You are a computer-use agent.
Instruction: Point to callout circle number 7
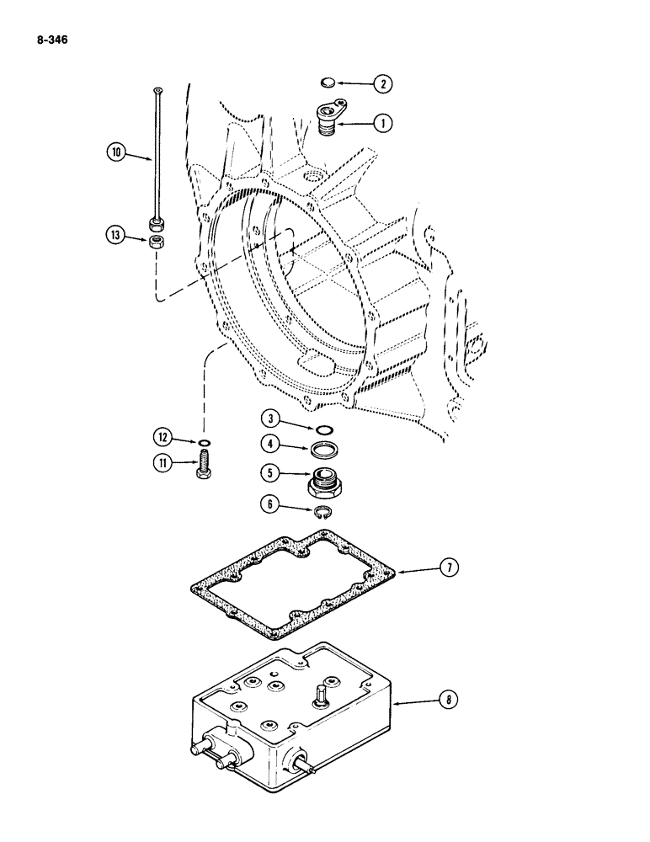pyautogui.click(x=450, y=569)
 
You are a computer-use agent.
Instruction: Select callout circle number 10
pyautogui.click(x=115, y=152)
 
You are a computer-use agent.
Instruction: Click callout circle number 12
pyautogui.click(x=162, y=437)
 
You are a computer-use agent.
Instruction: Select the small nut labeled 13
pyautogui.click(x=157, y=242)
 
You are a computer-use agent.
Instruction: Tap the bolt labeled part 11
pyautogui.click(x=204, y=465)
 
